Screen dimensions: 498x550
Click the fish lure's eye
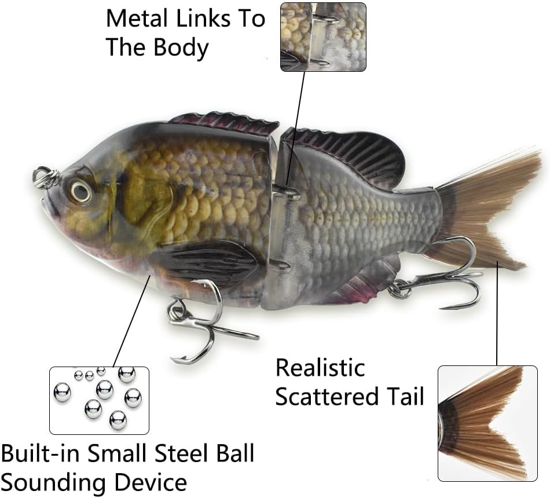tap(80, 191)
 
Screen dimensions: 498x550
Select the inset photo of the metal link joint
tap(323, 37)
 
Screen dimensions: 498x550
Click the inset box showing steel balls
tap(99, 400)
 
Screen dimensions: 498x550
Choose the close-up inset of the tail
tap(487, 423)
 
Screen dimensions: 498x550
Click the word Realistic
tap(320, 368)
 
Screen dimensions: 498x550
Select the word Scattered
tap(327, 397)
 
